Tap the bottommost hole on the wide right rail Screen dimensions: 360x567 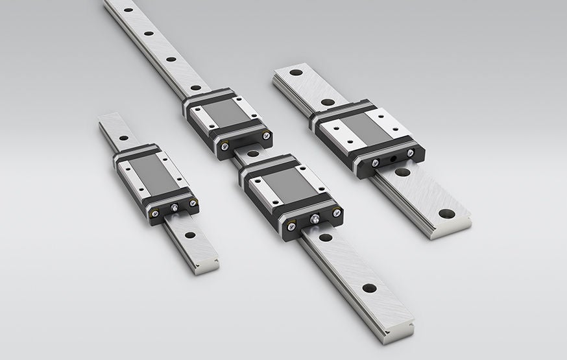[446, 213]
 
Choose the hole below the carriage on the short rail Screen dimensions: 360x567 [189, 235]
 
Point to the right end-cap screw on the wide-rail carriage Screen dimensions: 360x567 [410, 152]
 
